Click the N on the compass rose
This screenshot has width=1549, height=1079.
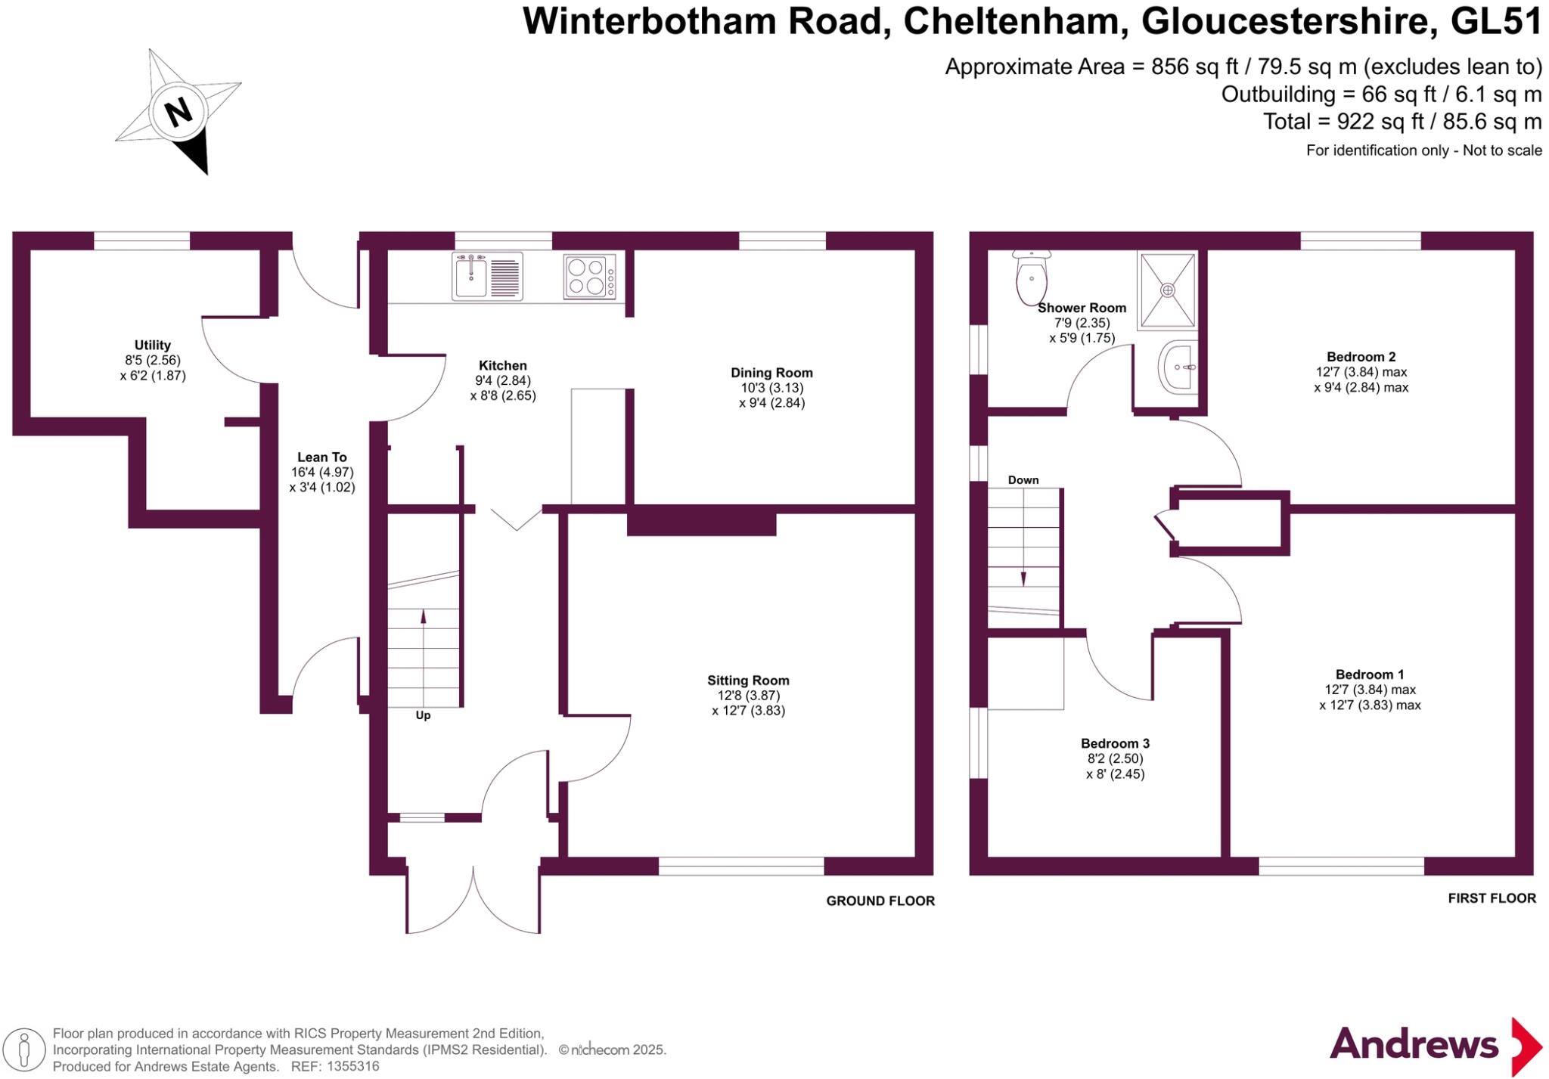pyautogui.click(x=179, y=113)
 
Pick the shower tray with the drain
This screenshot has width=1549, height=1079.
pyautogui.click(x=1168, y=290)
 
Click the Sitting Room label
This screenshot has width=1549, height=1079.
pyautogui.click(x=748, y=681)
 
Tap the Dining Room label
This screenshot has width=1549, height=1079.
pyautogui.click(x=771, y=373)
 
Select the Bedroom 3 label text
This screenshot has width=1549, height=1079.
pyautogui.click(x=1115, y=743)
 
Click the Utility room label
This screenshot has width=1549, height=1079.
pyautogui.click(x=153, y=345)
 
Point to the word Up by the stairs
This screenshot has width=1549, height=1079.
pyautogui.click(x=423, y=715)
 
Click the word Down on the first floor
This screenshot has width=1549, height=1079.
pyautogui.click(x=1023, y=480)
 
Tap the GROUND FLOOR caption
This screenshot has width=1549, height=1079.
pyautogui.click(x=880, y=901)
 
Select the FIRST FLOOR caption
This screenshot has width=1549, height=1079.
pyautogui.click(x=1492, y=898)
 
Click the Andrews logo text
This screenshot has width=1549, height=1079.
pyautogui.click(x=1414, y=1045)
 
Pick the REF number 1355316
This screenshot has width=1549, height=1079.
pyautogui.click(x=352, y=1067)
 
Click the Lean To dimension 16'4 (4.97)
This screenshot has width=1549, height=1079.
pyautogui.click(x=322, y=472)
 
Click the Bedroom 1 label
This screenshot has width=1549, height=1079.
pyautogui.click(x=1369, y=674)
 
